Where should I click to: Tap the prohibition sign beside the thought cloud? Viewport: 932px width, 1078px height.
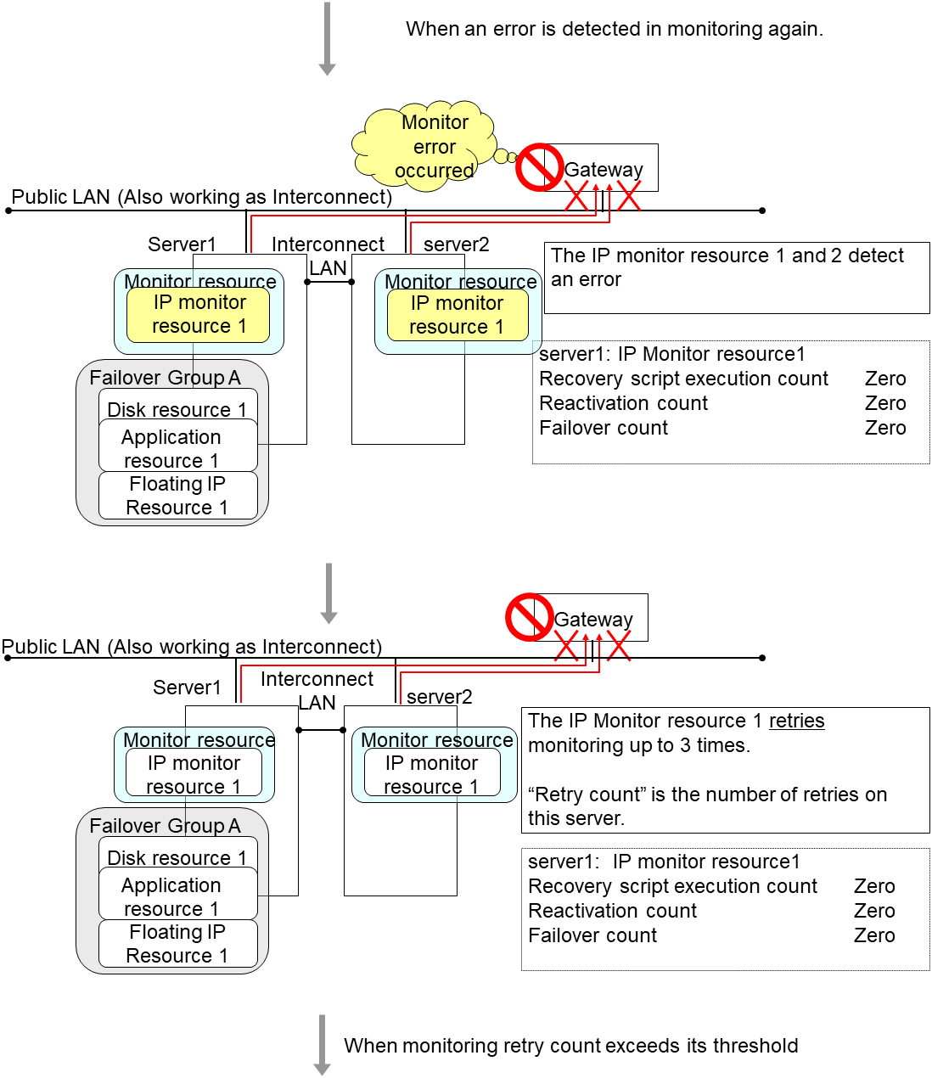coord(540,167)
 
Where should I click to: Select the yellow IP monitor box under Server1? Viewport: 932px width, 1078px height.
coord(199,314)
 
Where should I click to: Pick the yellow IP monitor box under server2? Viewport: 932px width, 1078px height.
coord(458,315)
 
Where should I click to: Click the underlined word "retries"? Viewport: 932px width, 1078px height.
coord(796,721)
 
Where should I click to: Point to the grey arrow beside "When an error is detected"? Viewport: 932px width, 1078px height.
coord(327,39)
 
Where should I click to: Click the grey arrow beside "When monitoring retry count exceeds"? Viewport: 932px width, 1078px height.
coord(323,1045)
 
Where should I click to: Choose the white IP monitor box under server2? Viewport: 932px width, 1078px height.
coord(432,774)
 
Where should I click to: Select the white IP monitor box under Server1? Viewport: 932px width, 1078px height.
coord(194,774)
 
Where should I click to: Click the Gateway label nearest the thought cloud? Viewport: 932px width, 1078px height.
coord(604,170)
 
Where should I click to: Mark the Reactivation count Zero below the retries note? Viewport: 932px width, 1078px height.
coord(874,911)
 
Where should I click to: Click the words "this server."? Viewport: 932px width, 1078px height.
coord(576,818)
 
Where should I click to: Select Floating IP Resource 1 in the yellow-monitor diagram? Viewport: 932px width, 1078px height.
coord(177,496)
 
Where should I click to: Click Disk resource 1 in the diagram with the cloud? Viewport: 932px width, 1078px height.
coord(177,409)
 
